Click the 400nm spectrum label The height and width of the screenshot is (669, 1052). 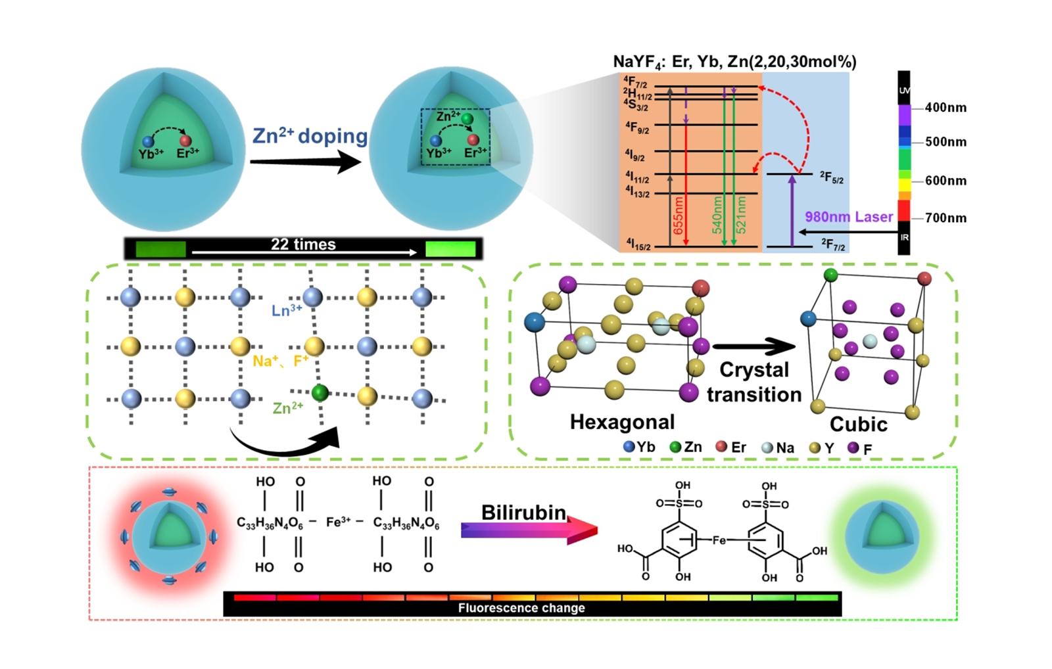pos(945,108)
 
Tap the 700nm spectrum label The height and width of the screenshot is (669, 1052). pos(945,218)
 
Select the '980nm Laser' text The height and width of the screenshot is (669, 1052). pos(849,217)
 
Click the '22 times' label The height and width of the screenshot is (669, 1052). pos(303,244)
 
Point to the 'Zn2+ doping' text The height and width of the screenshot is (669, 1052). pos(310,136)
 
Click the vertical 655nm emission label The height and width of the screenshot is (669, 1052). pos(679,216)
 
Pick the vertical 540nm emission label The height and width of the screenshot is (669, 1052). pos(717,215)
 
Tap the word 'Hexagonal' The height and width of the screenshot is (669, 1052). pos(622,422)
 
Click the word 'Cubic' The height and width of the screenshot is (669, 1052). pos(858,425)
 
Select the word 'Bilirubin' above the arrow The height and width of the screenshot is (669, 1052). pos(523,513)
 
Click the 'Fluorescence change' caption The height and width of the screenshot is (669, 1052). pos(521,608)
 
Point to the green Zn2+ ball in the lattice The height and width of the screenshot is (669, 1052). pos(320,393)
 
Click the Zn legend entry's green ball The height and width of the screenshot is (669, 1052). pos(675,447)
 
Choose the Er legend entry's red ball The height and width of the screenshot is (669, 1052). pos(721,447)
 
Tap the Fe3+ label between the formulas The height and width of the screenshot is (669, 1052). pos(338,522)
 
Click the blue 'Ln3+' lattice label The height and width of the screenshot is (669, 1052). pos(287,310)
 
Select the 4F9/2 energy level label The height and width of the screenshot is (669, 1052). pos(636,127)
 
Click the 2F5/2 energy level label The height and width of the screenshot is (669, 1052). pos(831,177)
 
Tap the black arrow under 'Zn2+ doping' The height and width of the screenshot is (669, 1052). pos(305,162)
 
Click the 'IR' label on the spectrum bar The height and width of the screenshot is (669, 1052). pos(904,237)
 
